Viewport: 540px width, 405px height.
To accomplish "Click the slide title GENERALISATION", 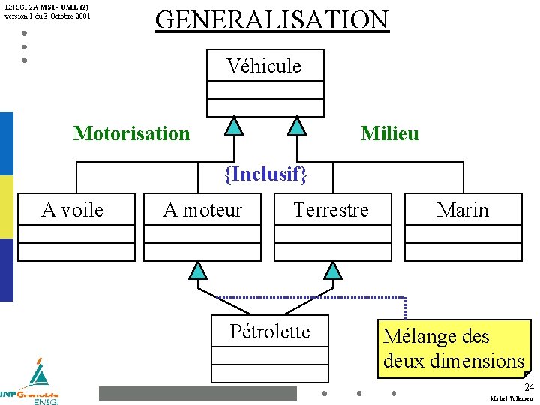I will [271, 19].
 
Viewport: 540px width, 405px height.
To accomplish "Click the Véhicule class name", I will [264, 66].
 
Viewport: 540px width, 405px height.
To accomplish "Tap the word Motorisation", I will [131, 133].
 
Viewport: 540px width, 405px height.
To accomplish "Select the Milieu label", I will [389, 133].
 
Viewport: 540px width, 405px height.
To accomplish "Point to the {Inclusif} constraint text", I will [266, 175].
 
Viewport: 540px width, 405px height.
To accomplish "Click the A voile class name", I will [73, 210].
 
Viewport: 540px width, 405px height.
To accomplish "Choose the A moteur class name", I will [202, 210].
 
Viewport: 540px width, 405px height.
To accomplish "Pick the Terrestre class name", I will [331, 210].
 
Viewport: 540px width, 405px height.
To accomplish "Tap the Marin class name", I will [463, 210].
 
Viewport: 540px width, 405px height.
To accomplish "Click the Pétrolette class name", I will [270, 331].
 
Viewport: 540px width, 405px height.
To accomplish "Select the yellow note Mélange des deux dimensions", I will [454, 348].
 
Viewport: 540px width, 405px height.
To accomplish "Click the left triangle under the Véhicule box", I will [235, 125].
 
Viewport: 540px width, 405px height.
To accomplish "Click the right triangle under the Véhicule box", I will [298, 125].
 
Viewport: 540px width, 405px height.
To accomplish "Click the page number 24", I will [529, 387].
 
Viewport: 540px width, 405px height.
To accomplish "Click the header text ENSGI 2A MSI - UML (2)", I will [46, 7].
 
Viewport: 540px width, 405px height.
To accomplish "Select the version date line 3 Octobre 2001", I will [46, 15].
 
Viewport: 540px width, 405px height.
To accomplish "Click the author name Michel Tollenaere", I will [511, 398].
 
